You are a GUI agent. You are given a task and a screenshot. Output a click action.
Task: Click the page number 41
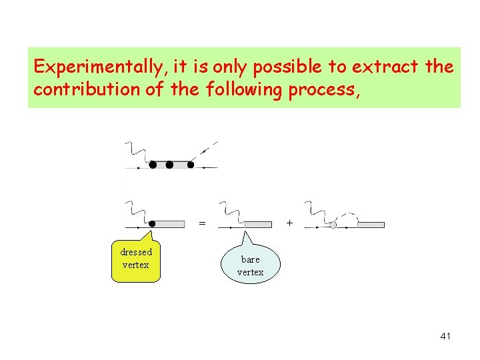tap(445, 336)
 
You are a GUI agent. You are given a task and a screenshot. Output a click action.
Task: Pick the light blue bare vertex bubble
tap(251, 265)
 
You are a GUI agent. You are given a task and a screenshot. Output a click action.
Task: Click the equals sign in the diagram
tap(202, 223)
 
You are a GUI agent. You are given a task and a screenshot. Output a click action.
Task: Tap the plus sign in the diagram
tap(289, 222)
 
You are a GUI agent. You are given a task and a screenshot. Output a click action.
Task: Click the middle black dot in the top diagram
tap(169, 164)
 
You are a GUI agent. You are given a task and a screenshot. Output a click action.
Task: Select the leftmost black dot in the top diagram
tap(153, 164)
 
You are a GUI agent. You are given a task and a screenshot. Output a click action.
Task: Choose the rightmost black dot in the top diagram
tap(191, 164)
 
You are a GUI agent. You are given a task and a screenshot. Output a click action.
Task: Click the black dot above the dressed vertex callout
tap(153, 224)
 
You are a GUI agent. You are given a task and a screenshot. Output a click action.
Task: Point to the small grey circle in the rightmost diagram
tap(333, 225)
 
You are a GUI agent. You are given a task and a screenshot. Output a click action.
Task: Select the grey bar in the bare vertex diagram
tap(259, 225)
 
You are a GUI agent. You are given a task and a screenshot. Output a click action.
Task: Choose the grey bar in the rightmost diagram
tap(371, 225)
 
